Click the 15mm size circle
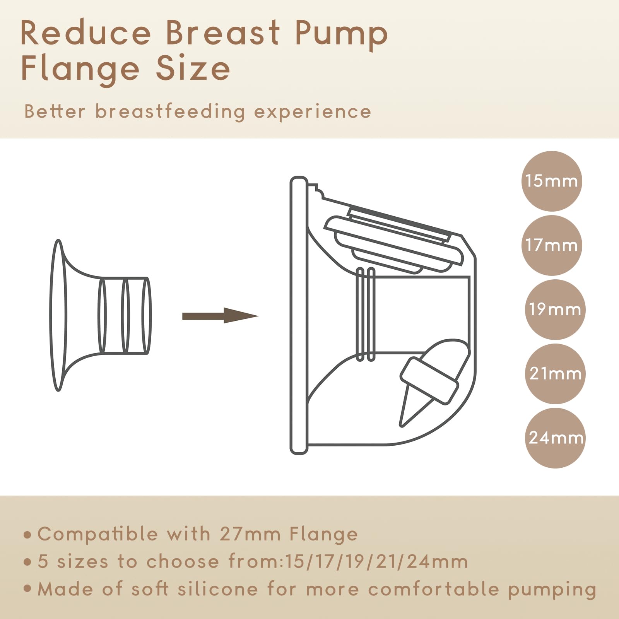(x=552, y=181)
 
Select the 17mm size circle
(x=552, y=245)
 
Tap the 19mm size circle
(x=555, y=309)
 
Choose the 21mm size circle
(x=555, y=374)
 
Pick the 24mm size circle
(x=555, y=438)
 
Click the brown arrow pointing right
(x=220, y=316)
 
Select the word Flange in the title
(x=80, y=69)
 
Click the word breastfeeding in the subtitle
(x=170, y=112)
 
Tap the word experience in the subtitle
(x=313, y=113)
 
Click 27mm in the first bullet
(x=250, y=534)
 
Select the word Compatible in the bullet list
(x=97, y=534)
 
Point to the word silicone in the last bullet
(x=218, y=589)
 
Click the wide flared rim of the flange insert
(x=58, y=315)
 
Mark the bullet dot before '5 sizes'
(x=27, y=562)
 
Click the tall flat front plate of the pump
(x=299, y=315)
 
